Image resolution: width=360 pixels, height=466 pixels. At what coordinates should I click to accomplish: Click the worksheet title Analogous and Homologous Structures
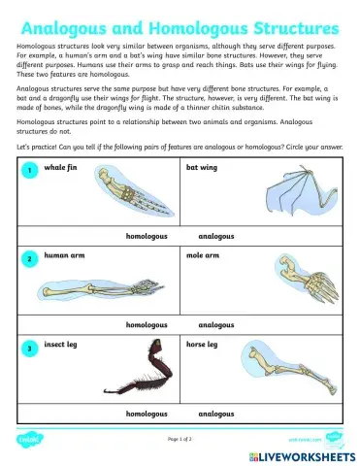[x=180, y=24]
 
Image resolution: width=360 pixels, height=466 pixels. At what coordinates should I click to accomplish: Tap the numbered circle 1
[x=30, y=171]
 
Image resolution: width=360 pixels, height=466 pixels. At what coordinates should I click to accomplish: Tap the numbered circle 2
[x=30, y=259]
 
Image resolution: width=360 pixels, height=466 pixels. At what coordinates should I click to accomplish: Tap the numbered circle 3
[x=30, y=347]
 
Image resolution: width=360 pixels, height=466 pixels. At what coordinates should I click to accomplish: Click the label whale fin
[x=62, y=167]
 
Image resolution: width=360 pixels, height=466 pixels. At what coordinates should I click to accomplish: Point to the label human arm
[x=64, y=255]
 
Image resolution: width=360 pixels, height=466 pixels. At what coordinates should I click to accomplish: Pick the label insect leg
[x=63, y=344]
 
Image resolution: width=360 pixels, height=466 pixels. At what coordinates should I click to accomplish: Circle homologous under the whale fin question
[x=147, y=236]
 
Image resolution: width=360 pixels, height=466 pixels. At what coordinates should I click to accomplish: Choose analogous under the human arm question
[x=215, y=324]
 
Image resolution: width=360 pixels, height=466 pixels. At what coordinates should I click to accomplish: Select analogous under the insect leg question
[x=215, y=413]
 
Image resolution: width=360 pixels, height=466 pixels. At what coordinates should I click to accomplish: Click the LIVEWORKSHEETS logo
[x=303, y=454]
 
